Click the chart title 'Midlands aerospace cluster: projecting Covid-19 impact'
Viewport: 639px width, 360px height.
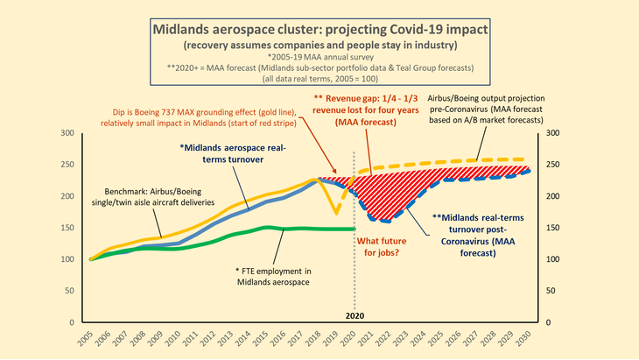click(x=319, y=28)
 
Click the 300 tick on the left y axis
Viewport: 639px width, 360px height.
click(x=67, y=133)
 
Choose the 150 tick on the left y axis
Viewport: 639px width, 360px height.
click(x=67, y=228)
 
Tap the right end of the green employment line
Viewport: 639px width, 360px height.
click(x=354, y=229)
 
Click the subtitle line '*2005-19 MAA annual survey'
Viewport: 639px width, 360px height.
click(x=319, y=56)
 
